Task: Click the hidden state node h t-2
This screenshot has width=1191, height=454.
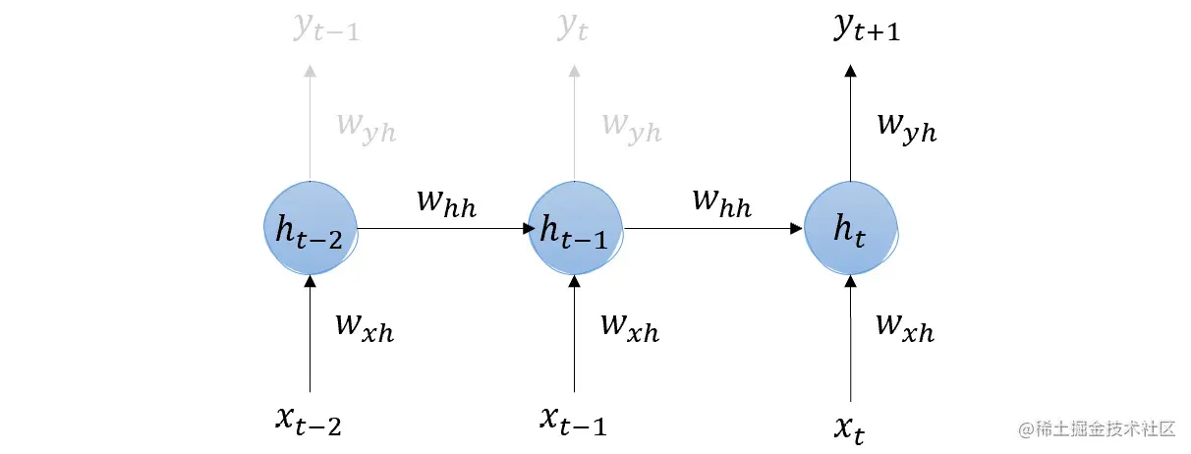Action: [x=310, y=228]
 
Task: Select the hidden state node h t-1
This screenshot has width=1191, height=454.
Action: [x=574, y=228]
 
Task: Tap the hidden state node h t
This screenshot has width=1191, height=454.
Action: [x=850, y=228]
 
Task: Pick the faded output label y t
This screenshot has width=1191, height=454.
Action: [x=573, y=28]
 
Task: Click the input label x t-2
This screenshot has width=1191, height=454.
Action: [x=309, y=419]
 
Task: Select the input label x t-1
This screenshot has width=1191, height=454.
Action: [x=573, y=419]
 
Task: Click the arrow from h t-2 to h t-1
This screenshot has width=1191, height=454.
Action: [x=442, y=228]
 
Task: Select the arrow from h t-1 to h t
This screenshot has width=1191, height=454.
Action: [x=713, y=228]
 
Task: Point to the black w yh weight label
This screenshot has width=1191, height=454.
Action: [x=905, y=128]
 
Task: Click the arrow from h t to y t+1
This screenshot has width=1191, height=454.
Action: [x=851, y=123]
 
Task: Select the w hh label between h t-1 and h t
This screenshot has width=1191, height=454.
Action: [x=721, y=201]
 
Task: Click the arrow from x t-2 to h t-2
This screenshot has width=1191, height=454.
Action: [x=310, y=334]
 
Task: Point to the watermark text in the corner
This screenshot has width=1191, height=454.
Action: [x=1097, y=429]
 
